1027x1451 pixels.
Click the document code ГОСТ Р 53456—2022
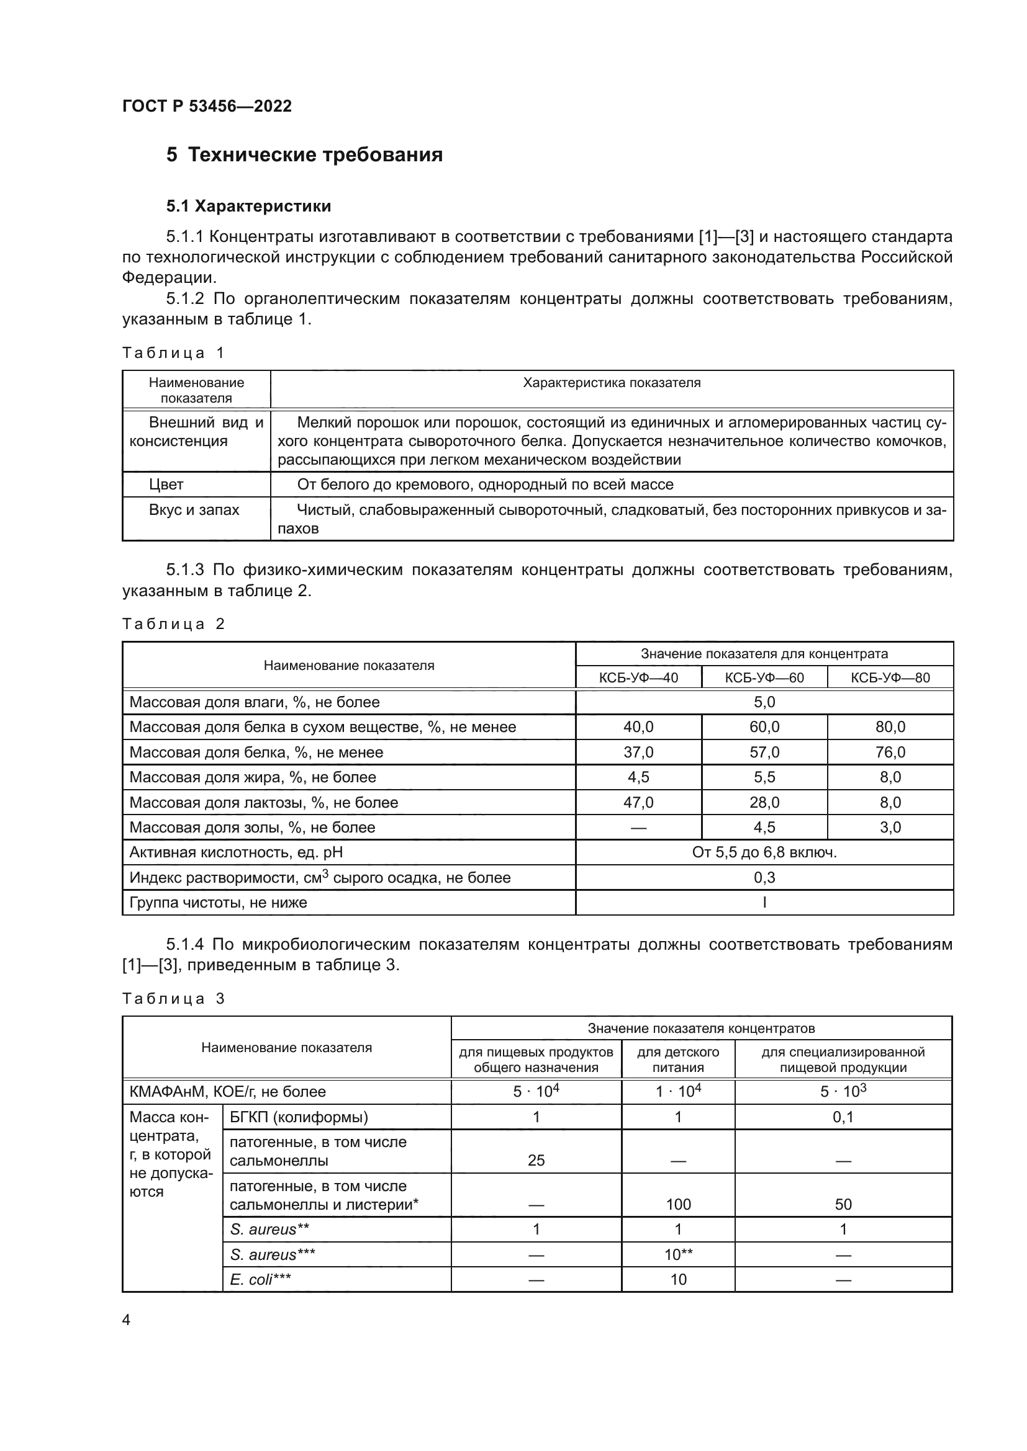[x=207, y=106]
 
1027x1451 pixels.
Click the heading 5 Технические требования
[x=304, y=155]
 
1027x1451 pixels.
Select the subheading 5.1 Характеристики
[x=248, y=206]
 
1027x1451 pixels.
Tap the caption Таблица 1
[x=173, y=352]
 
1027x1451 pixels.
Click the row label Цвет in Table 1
[x=166, y=484]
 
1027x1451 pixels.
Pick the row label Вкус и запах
[x=194, y=510]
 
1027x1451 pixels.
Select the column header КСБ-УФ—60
[x=764, y=678]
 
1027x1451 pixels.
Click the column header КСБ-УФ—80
[x=890, y=678]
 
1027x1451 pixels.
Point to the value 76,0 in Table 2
[x=890, y=752]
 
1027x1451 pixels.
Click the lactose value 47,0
[x=638, y=803]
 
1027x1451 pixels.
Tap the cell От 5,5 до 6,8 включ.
[x=764, y=852]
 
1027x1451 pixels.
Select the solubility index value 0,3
[x=764, y=878]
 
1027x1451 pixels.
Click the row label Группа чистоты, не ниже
[x=218, y=903]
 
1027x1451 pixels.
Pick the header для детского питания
[x=678, y=1060]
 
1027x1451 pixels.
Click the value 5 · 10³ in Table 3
[x=843, y=1092]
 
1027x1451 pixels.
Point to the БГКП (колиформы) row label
[x=299, y=1117]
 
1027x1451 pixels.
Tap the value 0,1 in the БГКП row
[x=843, y=1117]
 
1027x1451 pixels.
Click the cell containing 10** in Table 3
[x=678, y=1255]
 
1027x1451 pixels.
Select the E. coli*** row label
[x=261, y=1280]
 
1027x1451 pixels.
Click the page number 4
[x=126, y=1320]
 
